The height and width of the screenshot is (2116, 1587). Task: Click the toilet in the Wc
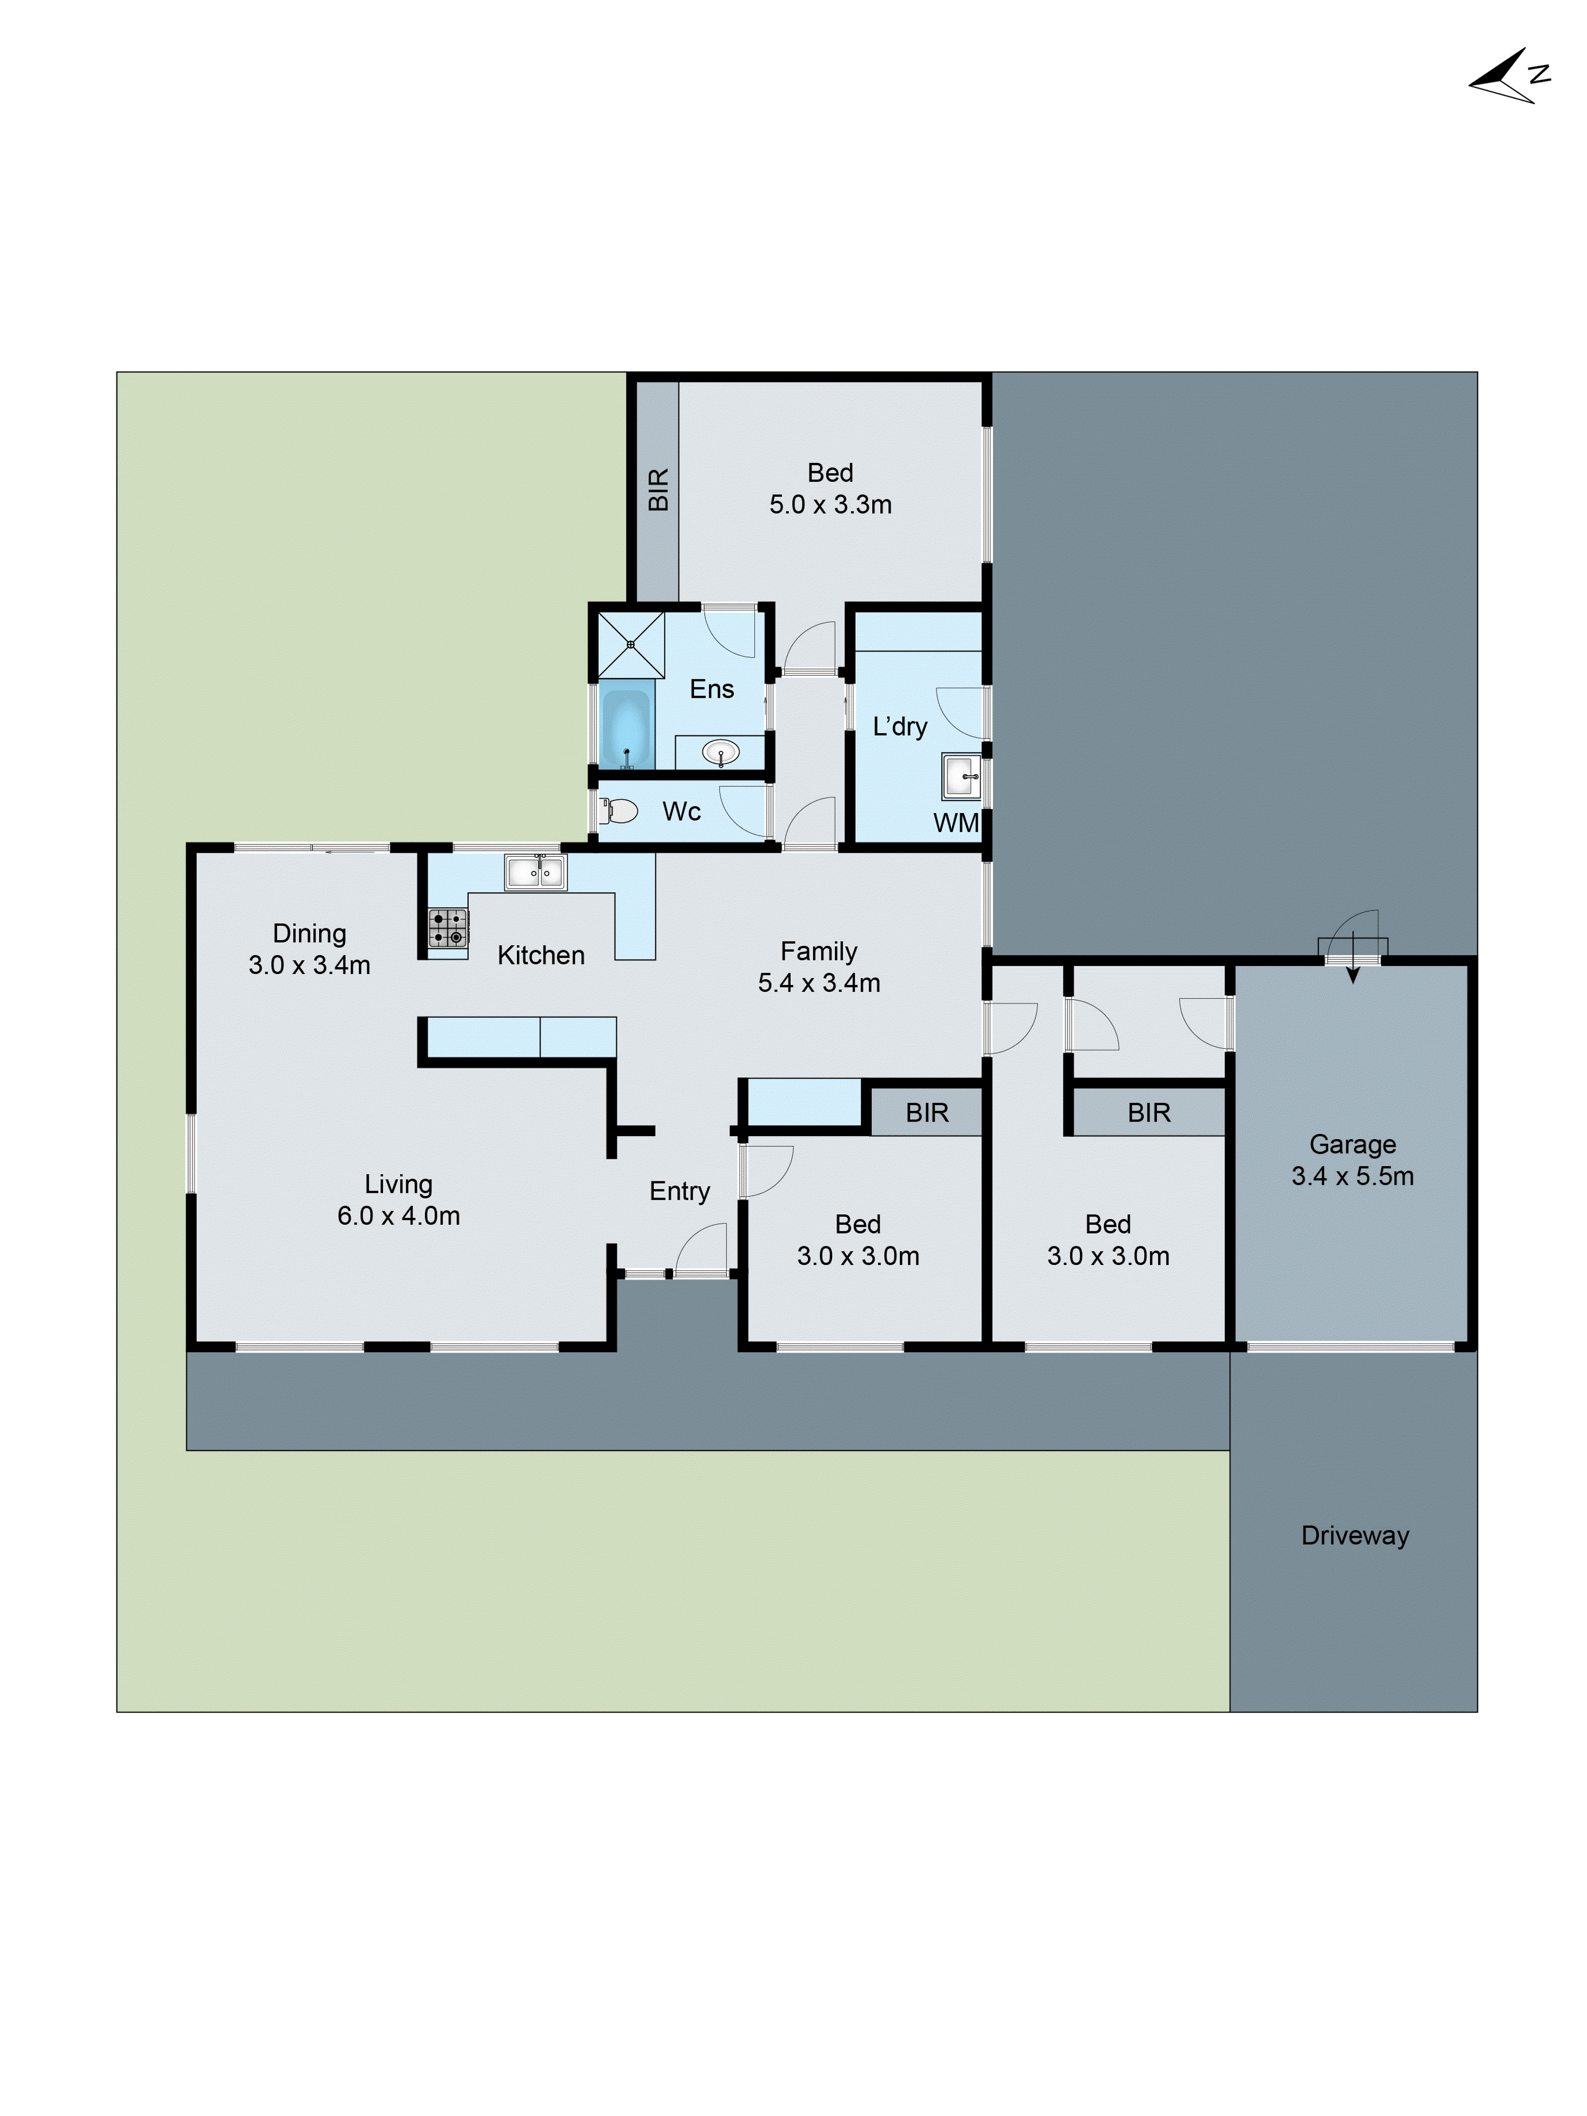pyautogui.click(x=620, y=811)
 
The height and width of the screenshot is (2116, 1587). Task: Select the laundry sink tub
pyautogui.click(x=961, y=776)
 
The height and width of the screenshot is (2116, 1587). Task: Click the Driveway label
pyautogui.click(x=1355, y=1535)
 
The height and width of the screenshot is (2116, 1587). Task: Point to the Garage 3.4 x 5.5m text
pyautogui.click(x=1352, y=1160)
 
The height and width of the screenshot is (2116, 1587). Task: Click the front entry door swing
pyautogui.click(x=701, y=1250)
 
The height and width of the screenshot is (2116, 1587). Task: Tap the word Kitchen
pyautogui.click(x=541, y=955)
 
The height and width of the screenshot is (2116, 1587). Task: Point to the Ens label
pyautogui.click(x=712, y=689)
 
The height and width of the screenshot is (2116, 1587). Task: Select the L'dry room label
pyautogui.click(x=899, y=726)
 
